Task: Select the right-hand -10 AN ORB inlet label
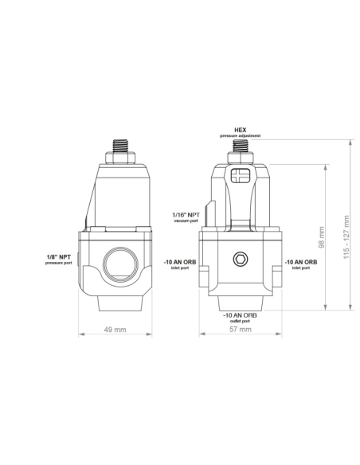tap(301, 263)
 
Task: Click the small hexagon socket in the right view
tap(240, 259)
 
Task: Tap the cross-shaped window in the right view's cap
tap(240, 174)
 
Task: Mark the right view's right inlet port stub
tap(278, 278)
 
